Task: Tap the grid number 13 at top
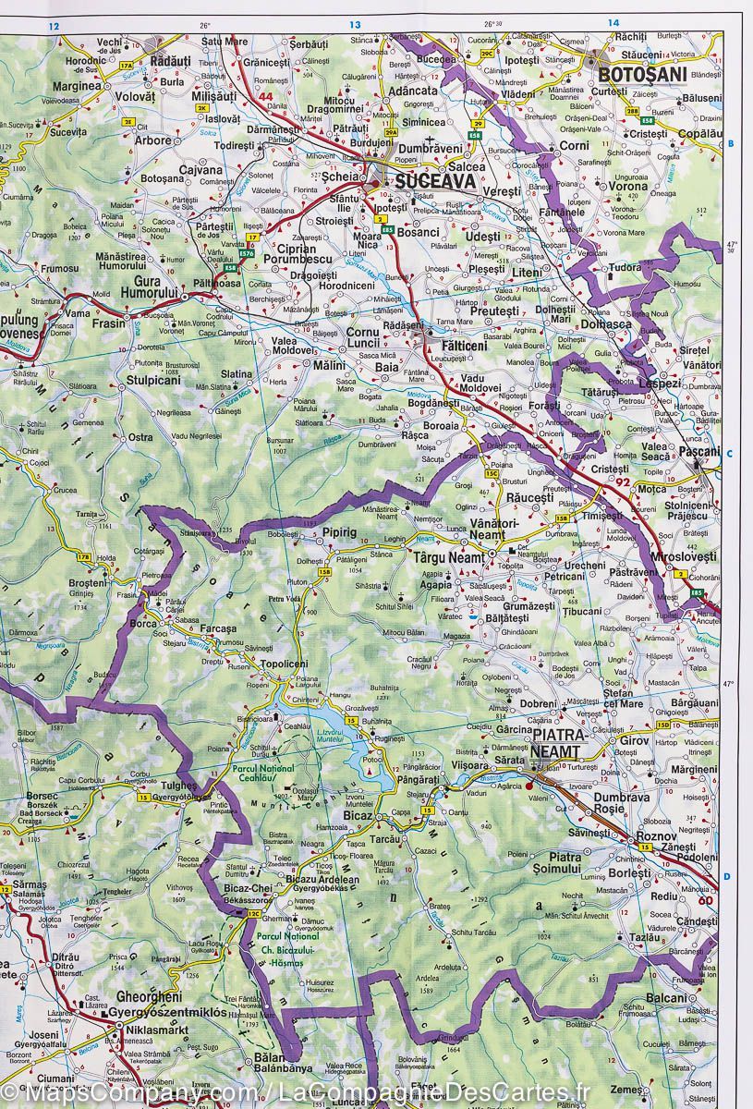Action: pos(355,24)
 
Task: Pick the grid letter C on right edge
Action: pos(729,453)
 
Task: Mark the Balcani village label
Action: pos(666,997)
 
